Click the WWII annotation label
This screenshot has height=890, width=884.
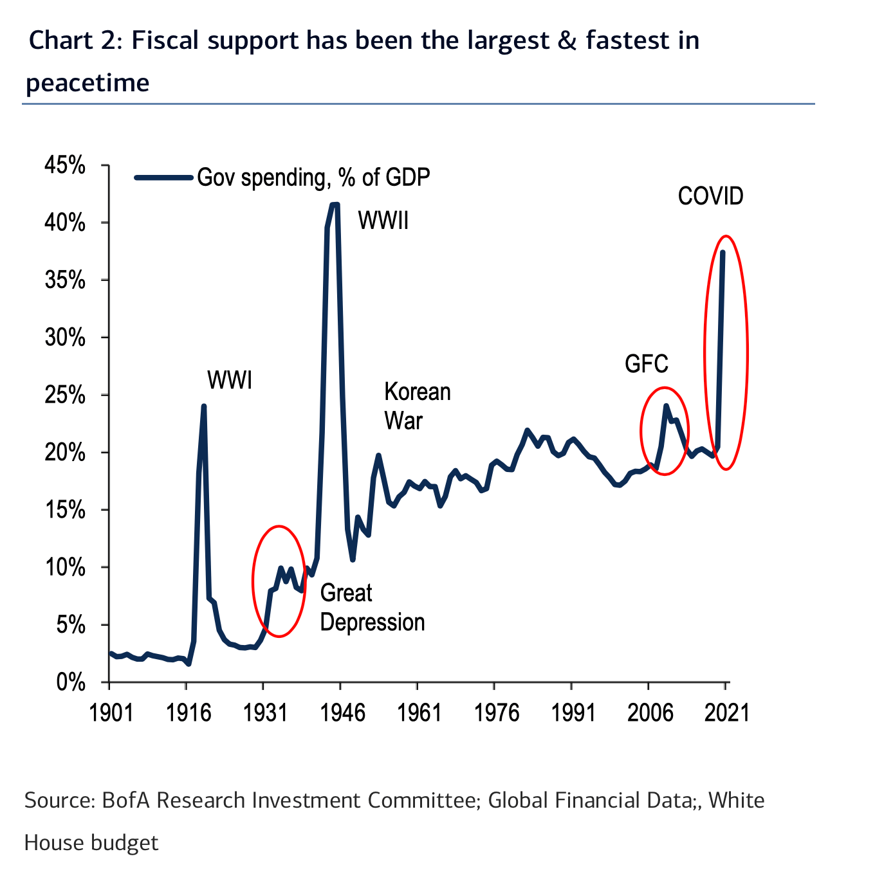[x=383, y=221]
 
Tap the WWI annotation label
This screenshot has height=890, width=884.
[x=230, y=381]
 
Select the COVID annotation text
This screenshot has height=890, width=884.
[x=710, y=196]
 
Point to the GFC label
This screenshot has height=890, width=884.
[x=647, y=365]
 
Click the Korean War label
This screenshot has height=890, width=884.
[x=417, y=406]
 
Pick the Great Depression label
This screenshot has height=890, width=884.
[x=372, y=608]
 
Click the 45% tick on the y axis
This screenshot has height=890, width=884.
[x=65, y=166]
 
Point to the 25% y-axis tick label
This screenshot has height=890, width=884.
[x=65, y=395]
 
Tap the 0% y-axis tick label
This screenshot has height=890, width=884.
[x=70, y=682]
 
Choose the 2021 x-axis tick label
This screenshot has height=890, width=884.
[x=726, y=713]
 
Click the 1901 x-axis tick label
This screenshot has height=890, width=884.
[x=111, y=713]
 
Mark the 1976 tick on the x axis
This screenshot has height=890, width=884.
[x=495, y=713]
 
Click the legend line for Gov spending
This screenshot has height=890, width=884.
[x=163, y=177]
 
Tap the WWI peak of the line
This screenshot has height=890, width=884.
[x=203, y=406]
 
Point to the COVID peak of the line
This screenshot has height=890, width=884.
[x=723, y=252]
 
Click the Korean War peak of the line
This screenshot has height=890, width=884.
[x=378, y=455]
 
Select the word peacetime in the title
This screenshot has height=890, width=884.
[x=87, y=83]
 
